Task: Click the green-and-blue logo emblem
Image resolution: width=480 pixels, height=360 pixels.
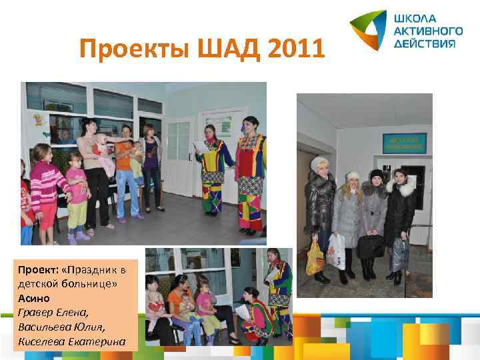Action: coord(369,29)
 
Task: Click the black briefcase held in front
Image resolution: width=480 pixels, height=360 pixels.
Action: coord(371,246)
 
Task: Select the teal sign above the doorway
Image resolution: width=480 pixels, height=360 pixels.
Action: coord(404,142)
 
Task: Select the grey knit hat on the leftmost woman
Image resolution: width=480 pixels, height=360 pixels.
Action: coord(319,163)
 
